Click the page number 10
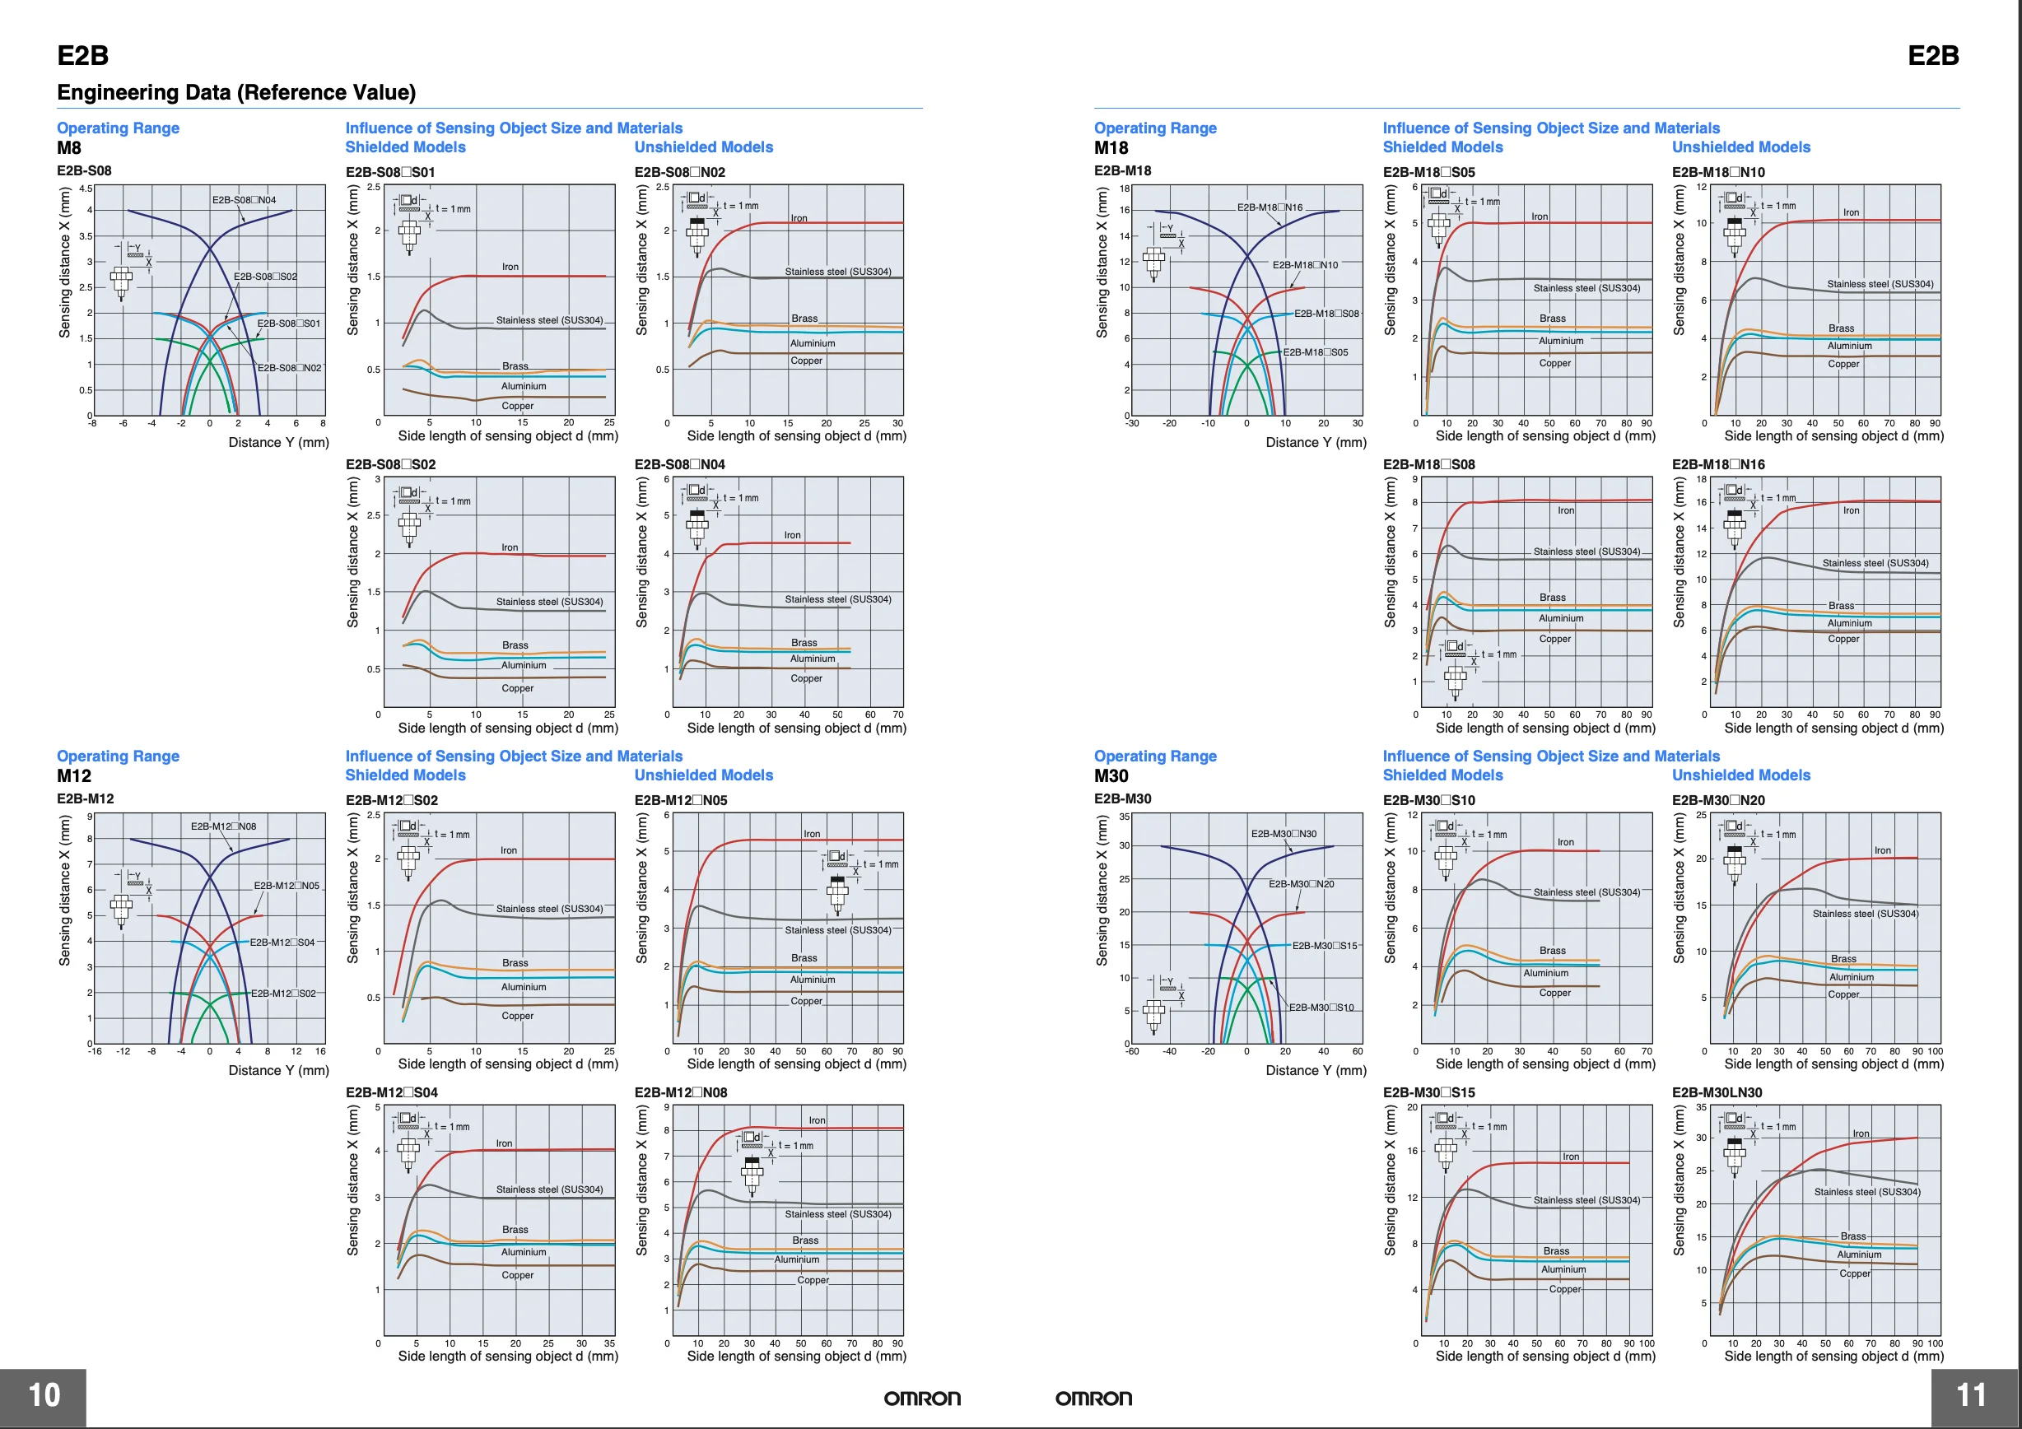[x=44, y=1395]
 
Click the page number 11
[x=1971, y=1395]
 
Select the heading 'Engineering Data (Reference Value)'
[x=236, y=92]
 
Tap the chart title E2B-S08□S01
[x=390, y=172]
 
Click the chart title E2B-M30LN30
[x=1717, y=1092]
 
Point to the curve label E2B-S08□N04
[x=244, y=200]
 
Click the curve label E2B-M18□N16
[x=1269, y=207]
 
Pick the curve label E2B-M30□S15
[x=1325, y=946]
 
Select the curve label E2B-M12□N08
[x=224, y=826]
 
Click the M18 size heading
[x=1111, y=148]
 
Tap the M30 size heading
[x=1111, y=775]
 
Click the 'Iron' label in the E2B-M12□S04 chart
[x=504, y=1143]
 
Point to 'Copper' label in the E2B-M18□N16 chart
[x=1843, y=640]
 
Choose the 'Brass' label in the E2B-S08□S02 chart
[x=515, y=645]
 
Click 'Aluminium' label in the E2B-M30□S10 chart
[x=1545, y=973]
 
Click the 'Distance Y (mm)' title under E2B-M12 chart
[x=278, y=1071]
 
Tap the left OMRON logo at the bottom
[x=922, y=1399]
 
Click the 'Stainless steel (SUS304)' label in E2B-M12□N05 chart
[x=837, y=930]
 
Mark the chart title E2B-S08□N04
[x=680, y=465]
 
